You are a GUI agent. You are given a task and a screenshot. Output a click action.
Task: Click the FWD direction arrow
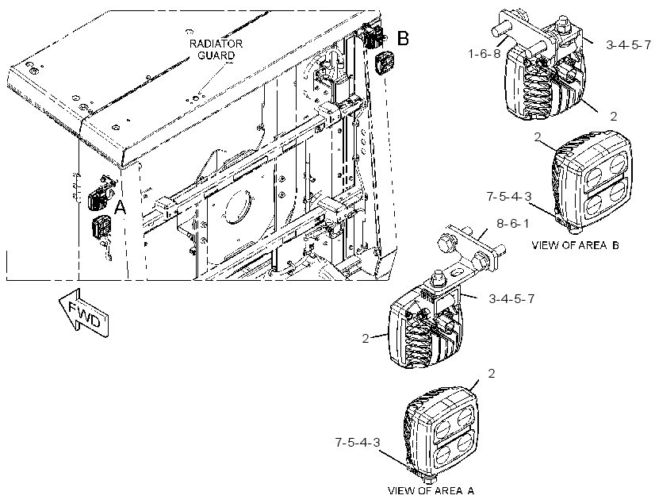[83, 313]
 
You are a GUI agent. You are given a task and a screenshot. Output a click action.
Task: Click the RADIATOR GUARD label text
[216, 49]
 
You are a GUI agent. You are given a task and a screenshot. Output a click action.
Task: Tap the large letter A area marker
[121, 207]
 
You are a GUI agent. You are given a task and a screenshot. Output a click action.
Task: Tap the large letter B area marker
[403, 38]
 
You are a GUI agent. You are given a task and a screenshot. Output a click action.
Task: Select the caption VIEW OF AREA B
[575, 245]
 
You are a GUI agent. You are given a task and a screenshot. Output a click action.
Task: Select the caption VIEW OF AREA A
[431, 490]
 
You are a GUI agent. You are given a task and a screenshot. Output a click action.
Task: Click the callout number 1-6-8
[485, 53]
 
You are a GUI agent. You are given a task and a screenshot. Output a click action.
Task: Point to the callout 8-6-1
[512, 224]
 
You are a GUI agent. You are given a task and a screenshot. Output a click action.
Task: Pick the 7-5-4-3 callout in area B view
[509, 196]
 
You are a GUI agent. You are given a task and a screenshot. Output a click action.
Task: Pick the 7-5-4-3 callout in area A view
[358, 442]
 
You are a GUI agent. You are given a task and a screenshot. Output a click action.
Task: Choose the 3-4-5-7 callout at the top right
[628, 44]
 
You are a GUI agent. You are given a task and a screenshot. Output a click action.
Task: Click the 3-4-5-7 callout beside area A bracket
[511, 299]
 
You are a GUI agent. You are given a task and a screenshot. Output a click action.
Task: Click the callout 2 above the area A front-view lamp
[492, 374]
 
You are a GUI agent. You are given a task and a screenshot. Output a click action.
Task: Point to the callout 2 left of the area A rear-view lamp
[366, 339]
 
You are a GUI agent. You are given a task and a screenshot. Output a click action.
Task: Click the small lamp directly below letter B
[382, 63]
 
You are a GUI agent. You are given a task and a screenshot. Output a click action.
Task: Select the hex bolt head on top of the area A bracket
[439, 281]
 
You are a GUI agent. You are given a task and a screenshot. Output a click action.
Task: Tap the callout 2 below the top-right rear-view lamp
[613, 116]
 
